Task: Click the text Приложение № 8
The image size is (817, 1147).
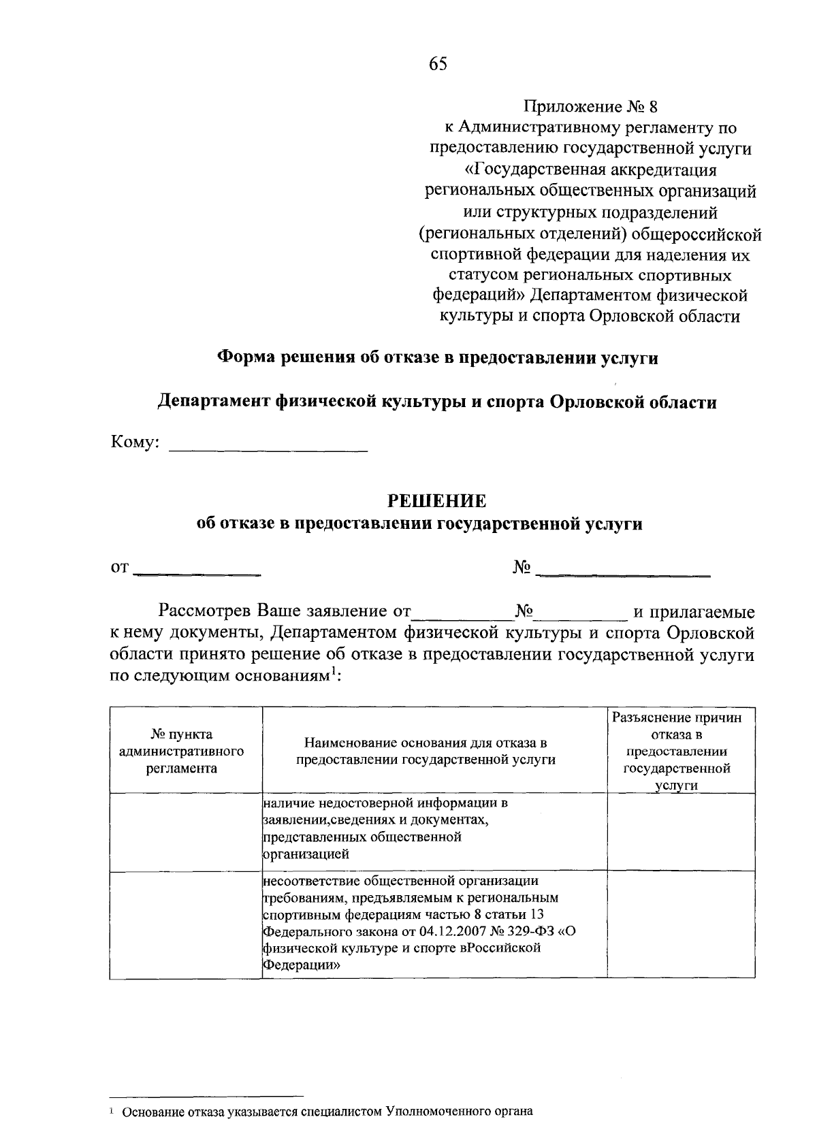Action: [x=591, y=107]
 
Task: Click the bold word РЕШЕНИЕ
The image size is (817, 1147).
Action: [x=437, y=501]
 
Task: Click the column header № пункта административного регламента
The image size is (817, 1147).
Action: [x=181, y=752]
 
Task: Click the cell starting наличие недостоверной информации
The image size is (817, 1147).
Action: [x=385, y=828]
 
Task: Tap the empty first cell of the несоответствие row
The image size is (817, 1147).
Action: [x=186, y=924]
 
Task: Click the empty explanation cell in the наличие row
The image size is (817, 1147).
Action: [x=680, y=832]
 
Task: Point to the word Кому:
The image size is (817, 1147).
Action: [x=135, y=443]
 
